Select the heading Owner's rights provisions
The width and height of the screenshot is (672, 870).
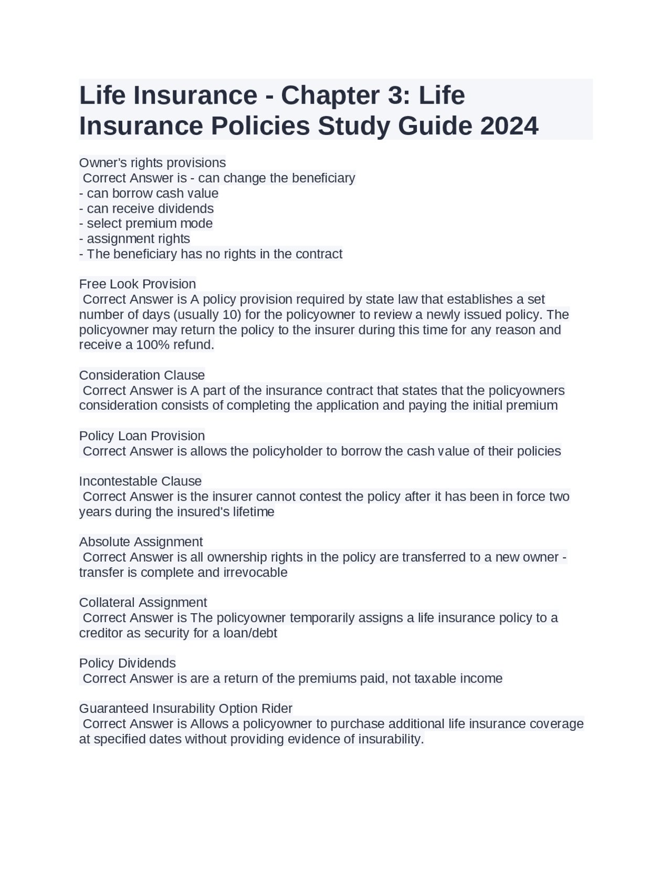(152, 163)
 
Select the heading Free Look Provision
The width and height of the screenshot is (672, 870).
(138, 284)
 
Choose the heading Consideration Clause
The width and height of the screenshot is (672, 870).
(142, 376)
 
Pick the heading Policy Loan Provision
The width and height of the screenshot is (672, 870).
(142, 436)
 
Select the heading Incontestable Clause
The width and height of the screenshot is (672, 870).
(140, 481)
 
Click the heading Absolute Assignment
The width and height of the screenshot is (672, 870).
(141, 542)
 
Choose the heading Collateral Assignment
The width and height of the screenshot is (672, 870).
(143, 603)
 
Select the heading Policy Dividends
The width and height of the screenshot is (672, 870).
(127, 663)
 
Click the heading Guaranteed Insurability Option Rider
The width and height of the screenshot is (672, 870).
(185, 709)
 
